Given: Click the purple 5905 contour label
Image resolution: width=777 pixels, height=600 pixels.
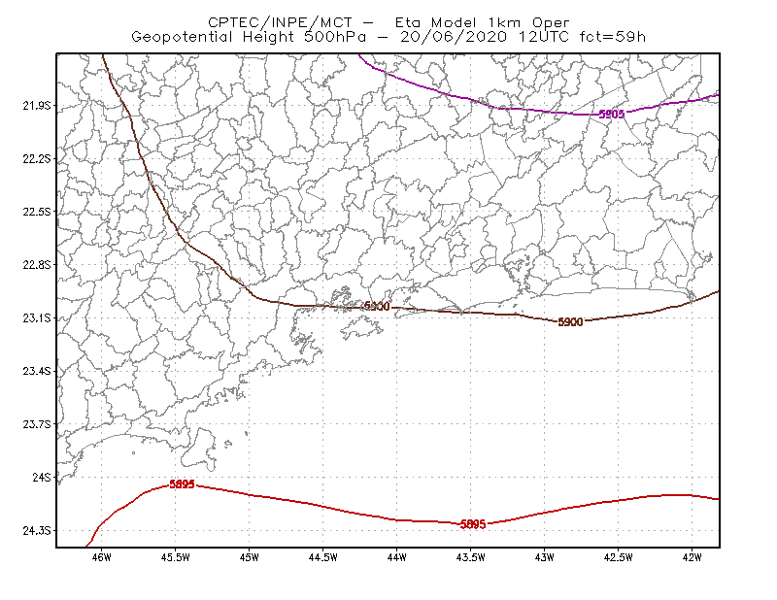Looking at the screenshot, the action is click(612, 114).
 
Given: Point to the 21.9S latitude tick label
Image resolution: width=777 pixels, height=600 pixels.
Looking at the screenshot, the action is click(37, 106).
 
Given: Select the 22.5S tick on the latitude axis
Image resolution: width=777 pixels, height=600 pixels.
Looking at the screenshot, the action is click(37, 212).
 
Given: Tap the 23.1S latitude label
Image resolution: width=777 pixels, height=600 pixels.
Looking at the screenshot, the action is click(37, 317).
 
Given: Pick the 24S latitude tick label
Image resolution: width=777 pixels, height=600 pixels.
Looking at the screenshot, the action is click(42, 477).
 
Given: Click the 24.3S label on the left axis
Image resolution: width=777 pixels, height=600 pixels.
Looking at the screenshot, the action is click(37, 531).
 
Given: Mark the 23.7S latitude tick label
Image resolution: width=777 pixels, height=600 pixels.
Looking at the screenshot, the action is click(37, 424).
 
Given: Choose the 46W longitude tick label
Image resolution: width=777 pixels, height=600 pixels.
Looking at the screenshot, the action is click(102, 557).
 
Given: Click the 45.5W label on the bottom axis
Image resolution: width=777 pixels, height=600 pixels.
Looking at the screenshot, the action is click(176, 557).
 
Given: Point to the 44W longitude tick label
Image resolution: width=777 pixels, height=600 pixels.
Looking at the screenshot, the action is click(397, 557).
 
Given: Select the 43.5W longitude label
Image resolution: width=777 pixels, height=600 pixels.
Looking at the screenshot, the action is click(470, 557).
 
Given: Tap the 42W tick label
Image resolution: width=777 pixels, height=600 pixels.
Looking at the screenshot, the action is click(692, 557).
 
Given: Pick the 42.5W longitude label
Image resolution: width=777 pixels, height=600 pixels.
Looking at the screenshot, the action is click(618, 557).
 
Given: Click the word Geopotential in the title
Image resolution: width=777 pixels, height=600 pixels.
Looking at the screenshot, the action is click(182, 37).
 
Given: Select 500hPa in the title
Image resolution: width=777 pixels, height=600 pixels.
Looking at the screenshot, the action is click(335, 37).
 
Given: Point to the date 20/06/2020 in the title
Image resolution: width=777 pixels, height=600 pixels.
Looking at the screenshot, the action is click(454, 37).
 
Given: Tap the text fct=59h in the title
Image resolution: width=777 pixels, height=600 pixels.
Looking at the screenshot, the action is click(612, 37).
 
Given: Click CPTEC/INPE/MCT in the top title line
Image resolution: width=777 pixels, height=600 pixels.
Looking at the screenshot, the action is click(280, 22).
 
